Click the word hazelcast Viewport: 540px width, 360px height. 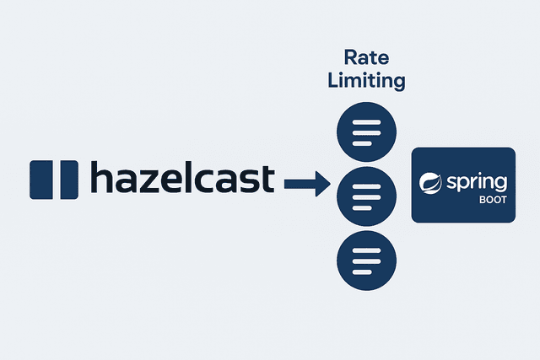(x=181, y=180)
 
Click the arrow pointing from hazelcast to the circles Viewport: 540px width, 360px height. (x=307, y=182)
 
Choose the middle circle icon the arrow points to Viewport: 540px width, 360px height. (x=366, y=195)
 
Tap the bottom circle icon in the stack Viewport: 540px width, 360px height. (x=366, y=258)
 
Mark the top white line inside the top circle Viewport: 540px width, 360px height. (x=366, y=123)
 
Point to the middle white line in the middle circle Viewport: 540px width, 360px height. (x=366, y=195)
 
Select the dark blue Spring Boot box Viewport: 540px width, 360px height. (x=462, y=185)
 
